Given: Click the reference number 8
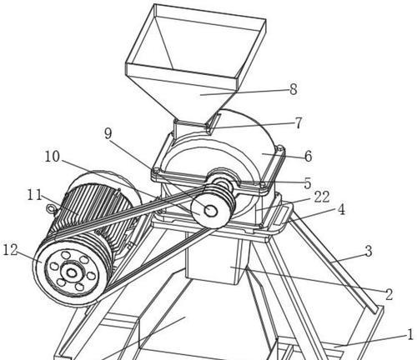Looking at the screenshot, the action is [x=293, y=89].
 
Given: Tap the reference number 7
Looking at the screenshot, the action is [x=298, y=122].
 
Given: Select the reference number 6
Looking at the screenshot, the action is [x=308, y=156].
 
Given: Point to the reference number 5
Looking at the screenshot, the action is [x=307, y=183].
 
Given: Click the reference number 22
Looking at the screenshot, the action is [x=322, y=197].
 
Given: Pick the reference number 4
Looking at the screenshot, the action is [x=341, y=209].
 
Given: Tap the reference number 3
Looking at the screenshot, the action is [x=369, y=251].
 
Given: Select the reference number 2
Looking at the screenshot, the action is [x=389, y=294].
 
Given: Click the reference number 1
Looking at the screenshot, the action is [x=410, y=334].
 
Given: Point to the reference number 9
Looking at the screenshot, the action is [x=108, y=133].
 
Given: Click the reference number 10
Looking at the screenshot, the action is [x=53, y=157].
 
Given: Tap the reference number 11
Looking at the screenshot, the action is [x=34, y=195].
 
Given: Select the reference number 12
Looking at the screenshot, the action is [x=10, y=250].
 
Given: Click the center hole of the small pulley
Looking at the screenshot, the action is [x=210, y=211].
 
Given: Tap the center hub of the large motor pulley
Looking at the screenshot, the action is [x=72, y=273].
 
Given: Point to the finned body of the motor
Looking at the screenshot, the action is [x=92, y=211].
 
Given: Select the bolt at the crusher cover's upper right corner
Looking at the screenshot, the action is [x=280, y=148].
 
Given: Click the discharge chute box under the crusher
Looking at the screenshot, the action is [x=215, y=260].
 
